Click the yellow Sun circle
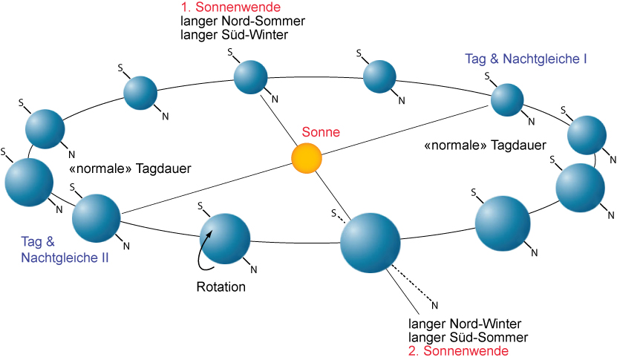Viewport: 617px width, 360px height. pos(306,159)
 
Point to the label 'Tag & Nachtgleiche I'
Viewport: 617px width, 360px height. pos(526,58)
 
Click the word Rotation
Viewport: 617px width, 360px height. pos(221,287)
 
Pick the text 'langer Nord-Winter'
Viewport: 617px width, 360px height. pos(465,324)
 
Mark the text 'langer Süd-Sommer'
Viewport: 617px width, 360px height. pos(462,337)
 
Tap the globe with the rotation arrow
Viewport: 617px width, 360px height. pos(226,239)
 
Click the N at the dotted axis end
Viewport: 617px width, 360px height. pos(435,304)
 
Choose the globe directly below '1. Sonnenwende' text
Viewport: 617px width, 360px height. pos(249,77)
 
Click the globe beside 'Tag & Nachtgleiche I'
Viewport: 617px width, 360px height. pos(508,99)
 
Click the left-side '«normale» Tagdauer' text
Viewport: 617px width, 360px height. pos(129,169)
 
